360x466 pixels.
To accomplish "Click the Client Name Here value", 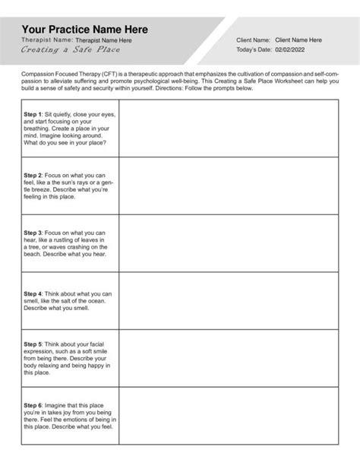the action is click(298, 40).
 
